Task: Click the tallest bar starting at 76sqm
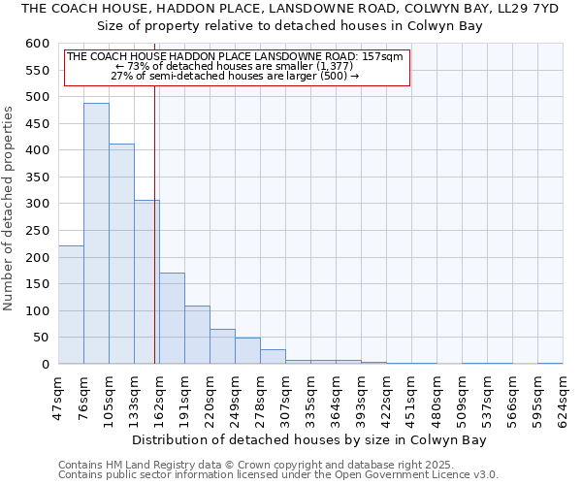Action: [96, 233]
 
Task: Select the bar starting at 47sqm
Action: [71, 305]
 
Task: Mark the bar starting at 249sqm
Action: [247, 351]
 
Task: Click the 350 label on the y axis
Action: [36, 178]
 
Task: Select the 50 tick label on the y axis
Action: [40, 338]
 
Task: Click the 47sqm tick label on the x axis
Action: [58, 398]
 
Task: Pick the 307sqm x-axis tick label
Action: [285, 398]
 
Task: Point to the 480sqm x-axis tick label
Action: [436, 398]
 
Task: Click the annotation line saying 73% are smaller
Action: [236, 66]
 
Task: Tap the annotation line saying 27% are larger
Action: [236, 76]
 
